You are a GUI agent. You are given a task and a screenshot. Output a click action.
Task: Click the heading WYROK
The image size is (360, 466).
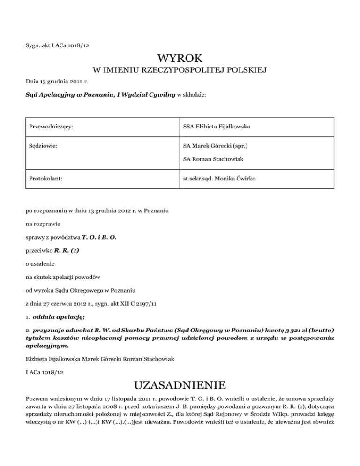[x=180, y=59]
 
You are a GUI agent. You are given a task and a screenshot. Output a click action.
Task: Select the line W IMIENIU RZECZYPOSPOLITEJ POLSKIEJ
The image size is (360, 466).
[x=180, y=71]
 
